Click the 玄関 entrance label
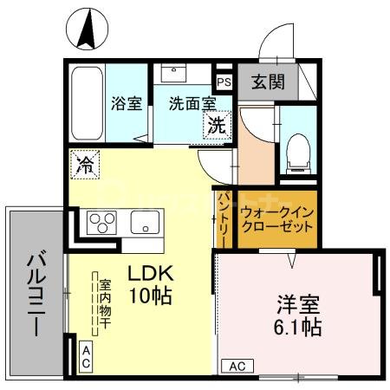[x=267, y=83]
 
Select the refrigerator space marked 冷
[x=86, y=164]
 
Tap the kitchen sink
[x=145, y=223]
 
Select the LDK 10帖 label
[x=149, y=283]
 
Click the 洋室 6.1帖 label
[x=300, y=316]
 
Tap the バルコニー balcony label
[x=36, y=290]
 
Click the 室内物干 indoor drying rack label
[x=103, y=303]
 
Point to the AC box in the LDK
[x=87, y=354]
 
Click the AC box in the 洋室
[x=236, y=366]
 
